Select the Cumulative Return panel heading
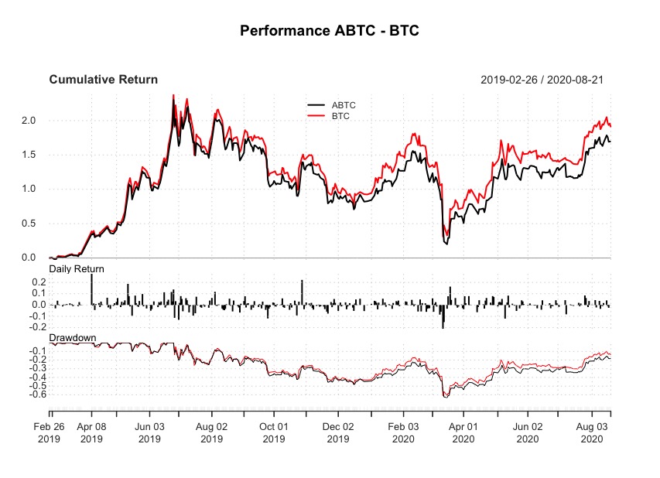tap(103, 80)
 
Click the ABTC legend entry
tap(343, 104)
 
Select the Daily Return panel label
tap(77, 268)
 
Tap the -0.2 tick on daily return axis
tap(34, 327)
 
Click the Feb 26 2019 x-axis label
tap(50, 432)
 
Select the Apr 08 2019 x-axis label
tap(91, 432)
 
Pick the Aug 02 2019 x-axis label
tap(211, 432)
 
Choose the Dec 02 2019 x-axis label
tap(338, 432)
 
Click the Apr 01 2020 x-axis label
tap(463, 432)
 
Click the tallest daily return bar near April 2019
tap(91, 289)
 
